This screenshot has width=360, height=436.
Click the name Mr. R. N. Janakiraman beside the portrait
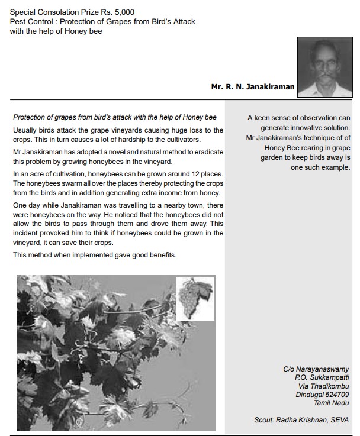252,87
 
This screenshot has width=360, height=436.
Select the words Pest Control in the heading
30,21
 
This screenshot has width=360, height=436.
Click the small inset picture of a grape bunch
195,299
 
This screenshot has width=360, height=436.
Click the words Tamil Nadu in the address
332,403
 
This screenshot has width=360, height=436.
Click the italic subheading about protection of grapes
115,117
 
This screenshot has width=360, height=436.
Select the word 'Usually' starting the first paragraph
24,130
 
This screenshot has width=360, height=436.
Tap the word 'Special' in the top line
24,11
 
